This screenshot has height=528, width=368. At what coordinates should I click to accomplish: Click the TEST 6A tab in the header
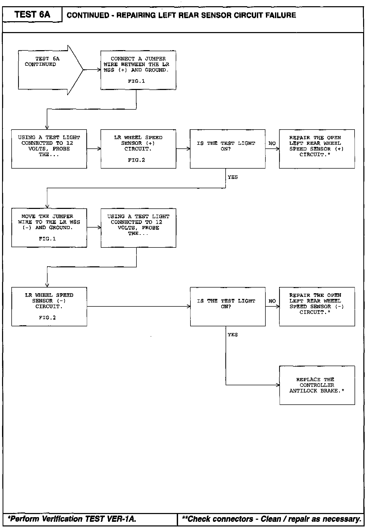point(32,14)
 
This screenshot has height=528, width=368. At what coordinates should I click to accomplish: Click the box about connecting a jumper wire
point(138,70)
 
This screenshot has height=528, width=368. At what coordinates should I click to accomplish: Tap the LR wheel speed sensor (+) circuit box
point(138,149)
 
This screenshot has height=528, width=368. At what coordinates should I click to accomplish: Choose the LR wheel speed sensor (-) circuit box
point(49,306)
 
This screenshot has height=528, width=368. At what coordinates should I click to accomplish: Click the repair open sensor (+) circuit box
point(317,149)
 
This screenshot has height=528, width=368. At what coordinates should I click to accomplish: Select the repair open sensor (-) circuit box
point(317,306)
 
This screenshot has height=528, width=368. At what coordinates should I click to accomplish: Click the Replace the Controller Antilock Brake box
point(317,385)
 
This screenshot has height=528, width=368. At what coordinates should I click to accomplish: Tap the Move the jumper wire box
point(49,228)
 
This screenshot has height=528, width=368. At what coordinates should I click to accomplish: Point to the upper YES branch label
point(233,177)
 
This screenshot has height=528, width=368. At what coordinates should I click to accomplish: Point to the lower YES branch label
point(233,335)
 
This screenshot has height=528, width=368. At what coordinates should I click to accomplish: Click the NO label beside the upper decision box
point(272,143)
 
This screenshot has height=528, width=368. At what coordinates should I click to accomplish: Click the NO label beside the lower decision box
point(272,301)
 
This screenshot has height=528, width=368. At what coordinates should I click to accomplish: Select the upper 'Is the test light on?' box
point(227,149)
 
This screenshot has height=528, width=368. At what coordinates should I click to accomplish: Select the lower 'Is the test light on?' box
point(228,306)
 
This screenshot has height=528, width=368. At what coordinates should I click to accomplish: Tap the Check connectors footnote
point(271,519)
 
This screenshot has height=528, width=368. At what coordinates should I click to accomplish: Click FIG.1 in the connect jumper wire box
point(136,81)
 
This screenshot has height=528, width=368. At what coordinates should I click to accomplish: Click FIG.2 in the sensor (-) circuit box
point(47,318)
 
